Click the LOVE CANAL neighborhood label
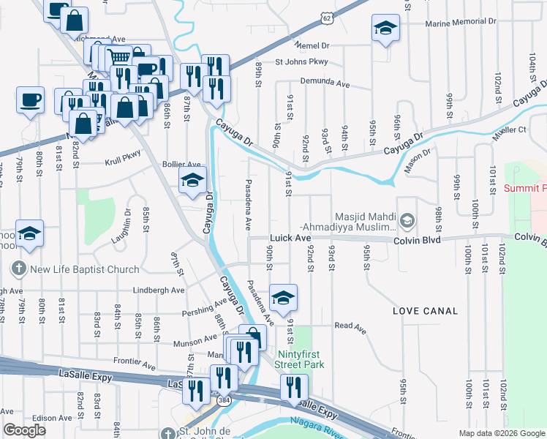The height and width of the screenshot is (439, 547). (x=426, y=311)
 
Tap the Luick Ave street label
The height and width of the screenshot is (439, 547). (x=291, y=239)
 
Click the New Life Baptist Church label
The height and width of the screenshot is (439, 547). (x=83, y=269)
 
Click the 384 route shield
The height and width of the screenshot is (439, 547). (x=221, y=401)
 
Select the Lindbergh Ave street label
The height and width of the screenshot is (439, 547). (x=159, y=290)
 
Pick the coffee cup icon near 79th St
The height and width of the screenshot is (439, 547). (x=31, y=100)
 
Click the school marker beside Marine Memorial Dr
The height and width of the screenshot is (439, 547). (x=385, y=29)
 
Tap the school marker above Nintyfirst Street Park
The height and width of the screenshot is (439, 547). (x=283, y=297)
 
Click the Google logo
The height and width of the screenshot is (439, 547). (x=24, y=430)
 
